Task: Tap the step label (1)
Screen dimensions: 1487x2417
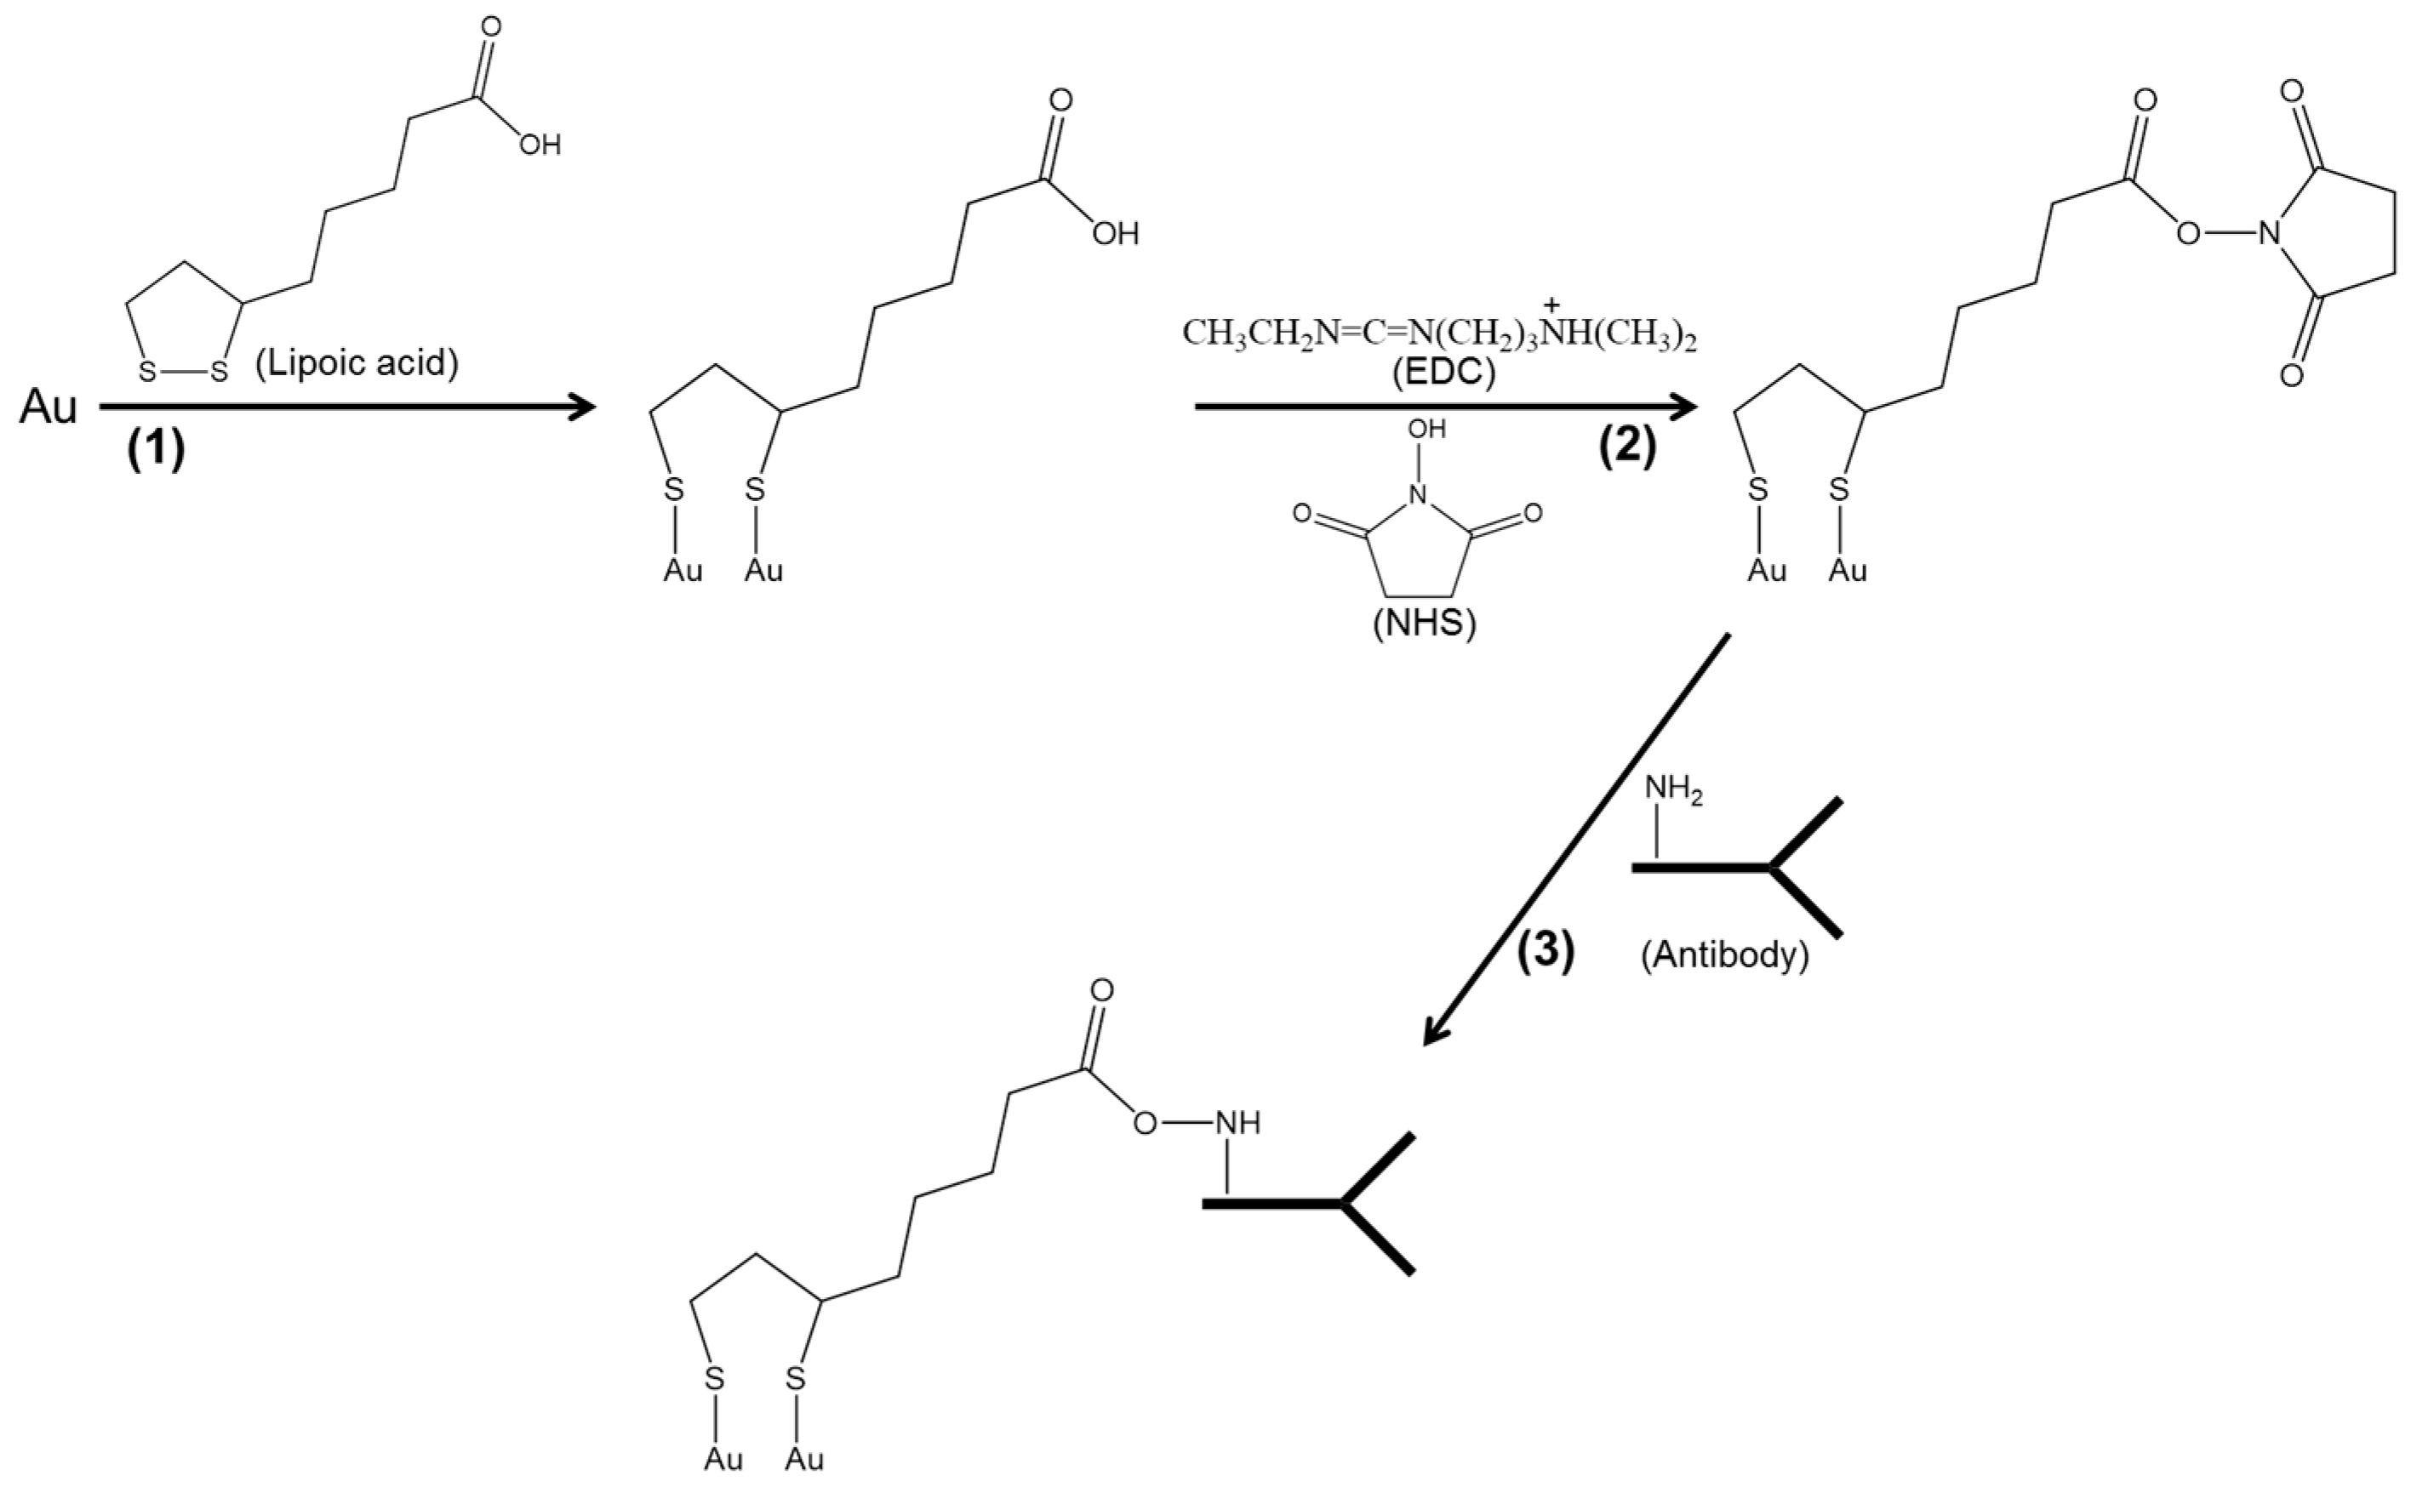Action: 156,452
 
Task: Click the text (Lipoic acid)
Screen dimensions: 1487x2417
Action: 357,364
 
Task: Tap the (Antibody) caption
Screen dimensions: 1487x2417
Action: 1724,956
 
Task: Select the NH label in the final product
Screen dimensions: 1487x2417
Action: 1237,1123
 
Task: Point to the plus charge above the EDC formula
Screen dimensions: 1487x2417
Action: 1552,304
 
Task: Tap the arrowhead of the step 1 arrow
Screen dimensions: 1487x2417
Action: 582,406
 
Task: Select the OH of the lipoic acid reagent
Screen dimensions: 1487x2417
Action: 540,146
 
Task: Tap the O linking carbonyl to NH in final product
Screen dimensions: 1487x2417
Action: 1145,1123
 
